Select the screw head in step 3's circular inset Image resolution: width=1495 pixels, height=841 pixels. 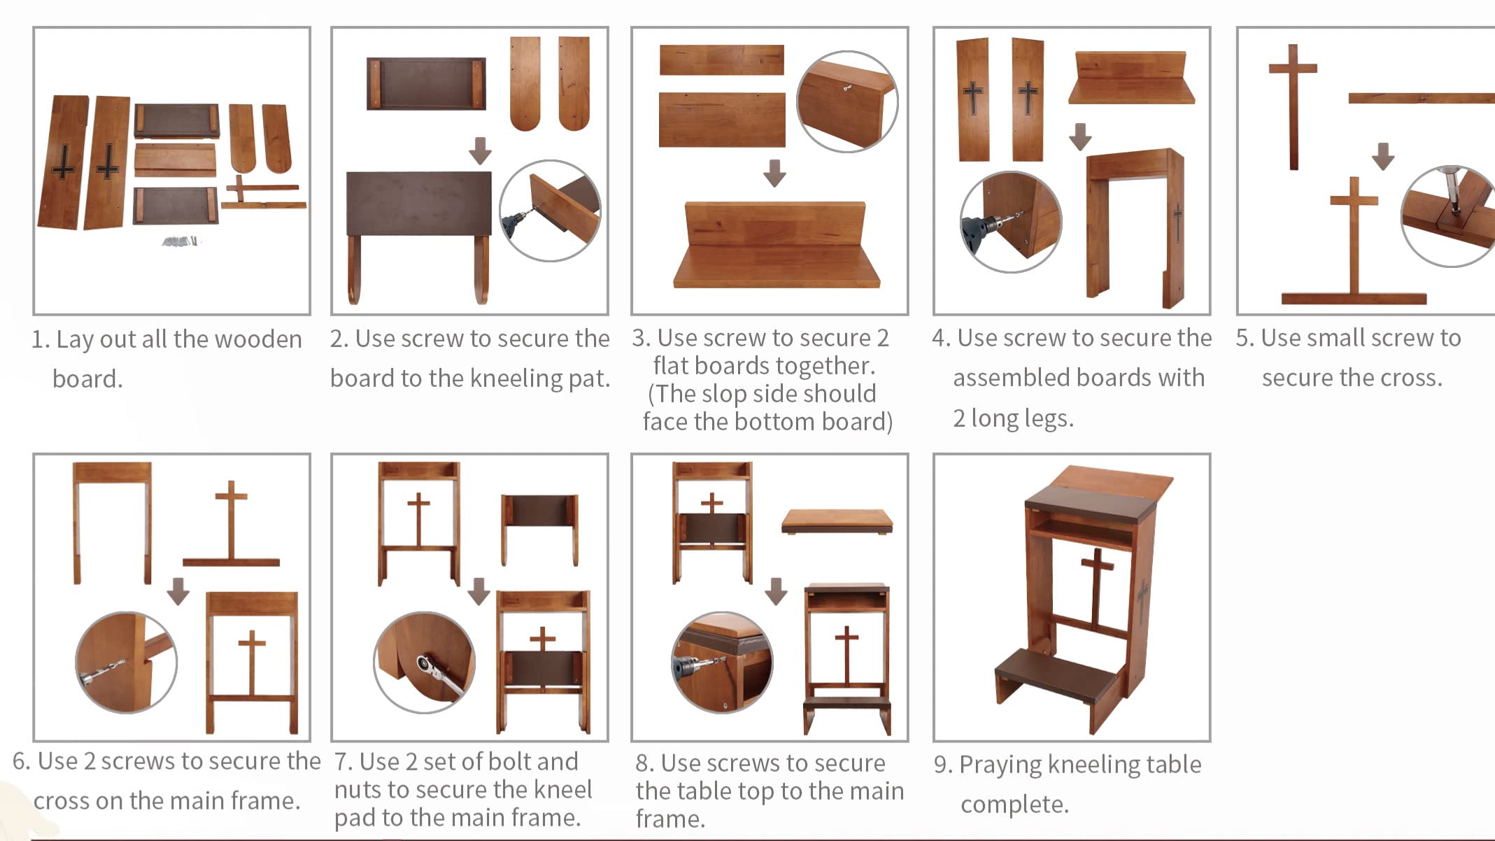847,88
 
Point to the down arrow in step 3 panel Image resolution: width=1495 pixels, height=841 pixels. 774,173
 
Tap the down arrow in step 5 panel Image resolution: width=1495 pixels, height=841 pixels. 1382,155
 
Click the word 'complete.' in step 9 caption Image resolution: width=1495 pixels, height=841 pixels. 1014,805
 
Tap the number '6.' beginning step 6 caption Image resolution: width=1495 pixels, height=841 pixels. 22,761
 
